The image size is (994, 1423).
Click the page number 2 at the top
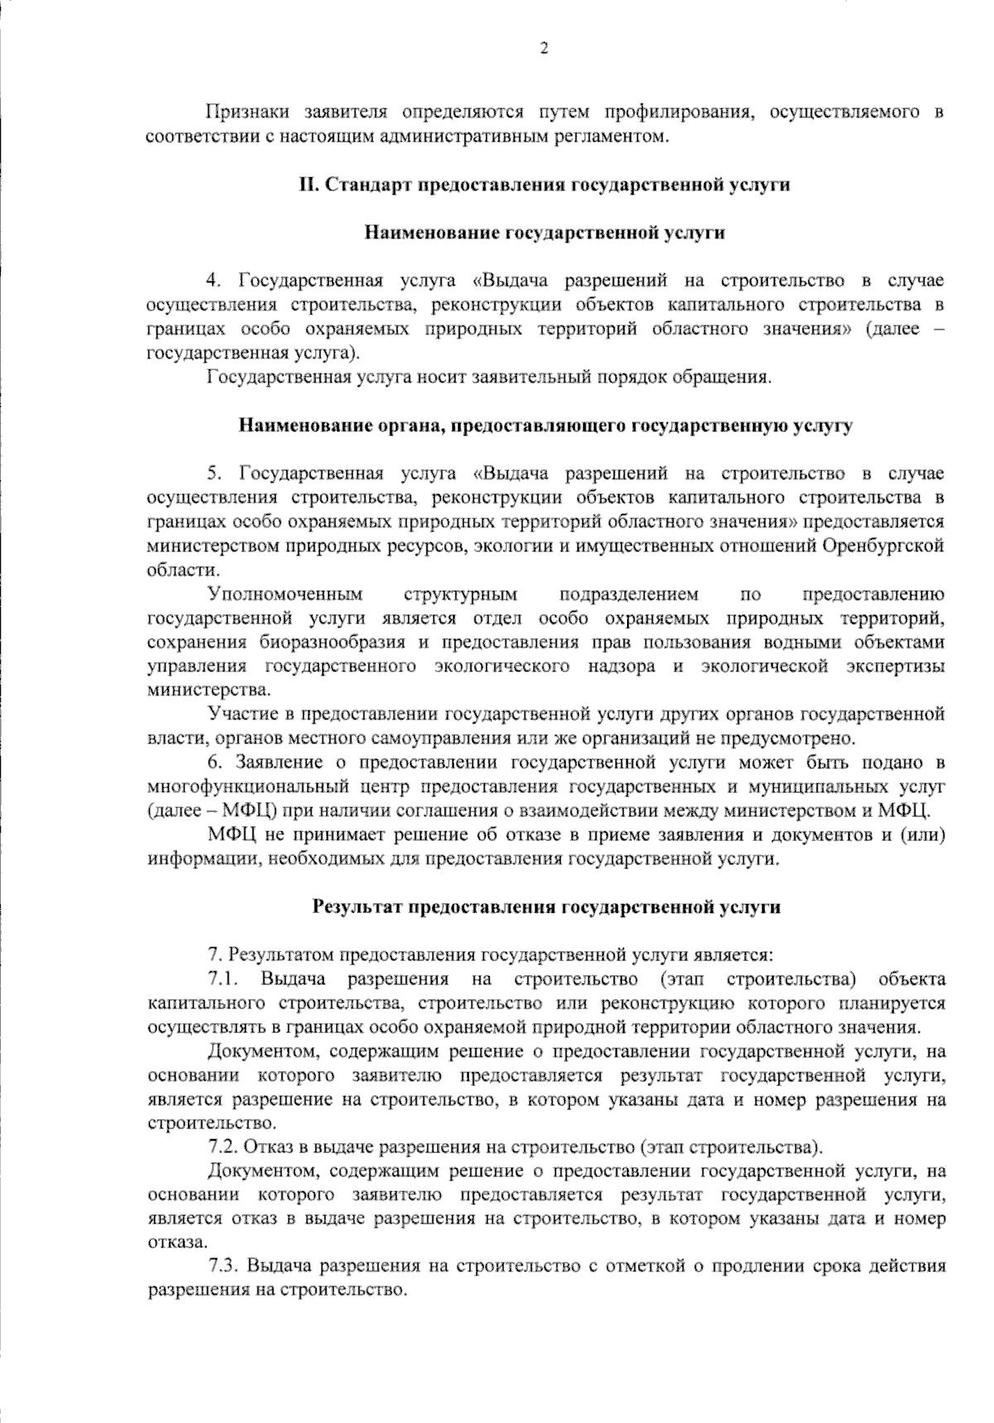pyautogui.click(x=544, y=48)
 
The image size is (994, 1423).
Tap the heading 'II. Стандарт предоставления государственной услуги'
pyautogui.click(x=544, y=185)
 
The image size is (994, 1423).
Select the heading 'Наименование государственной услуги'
pyautogui.click(x=544, y=233)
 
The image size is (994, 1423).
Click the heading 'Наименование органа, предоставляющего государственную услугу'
pyautogui.click(x=544, y=426)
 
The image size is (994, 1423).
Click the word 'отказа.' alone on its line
pyautogui.click(x=176, y=1243)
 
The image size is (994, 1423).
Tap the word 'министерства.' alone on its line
pyautogui.click(x=197, y=690)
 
